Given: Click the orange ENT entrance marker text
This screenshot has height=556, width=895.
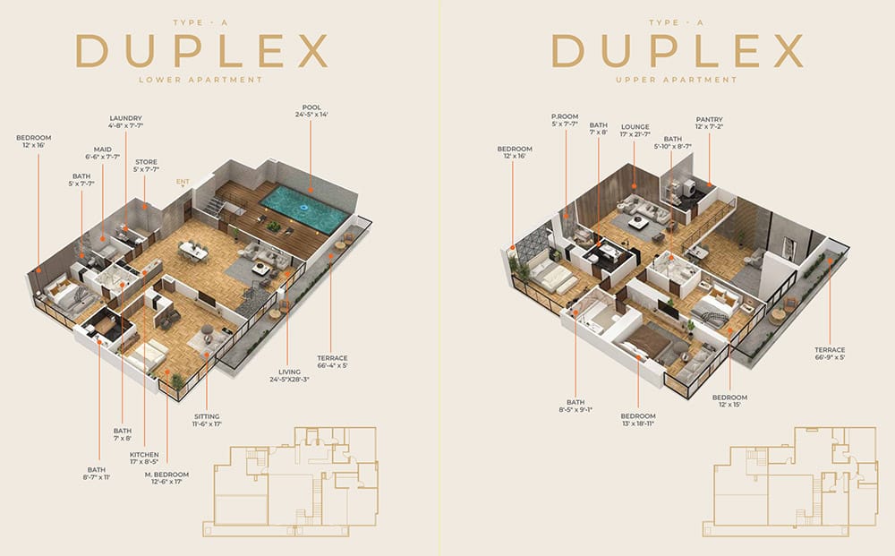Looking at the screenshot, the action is [x=183, y=182].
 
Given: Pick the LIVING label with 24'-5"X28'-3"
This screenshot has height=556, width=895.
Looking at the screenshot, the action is [x=289, y=376].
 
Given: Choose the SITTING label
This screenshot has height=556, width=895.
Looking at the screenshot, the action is [x=207, y=420].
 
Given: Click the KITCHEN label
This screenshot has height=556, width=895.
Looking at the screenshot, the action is [x=144, y=458].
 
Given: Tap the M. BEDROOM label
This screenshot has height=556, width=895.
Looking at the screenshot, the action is [x=166, y=478].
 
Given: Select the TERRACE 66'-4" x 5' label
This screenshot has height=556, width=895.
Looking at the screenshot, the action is [x=333, y=362].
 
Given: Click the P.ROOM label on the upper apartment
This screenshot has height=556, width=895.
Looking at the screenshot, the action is [x=565, y=120].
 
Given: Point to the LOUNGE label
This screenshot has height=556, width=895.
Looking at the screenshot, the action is [x=635, y=131].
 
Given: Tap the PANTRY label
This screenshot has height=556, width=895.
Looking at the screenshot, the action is [x=710, y=124].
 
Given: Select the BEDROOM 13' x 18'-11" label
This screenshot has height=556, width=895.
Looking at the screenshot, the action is [x=638, y=420].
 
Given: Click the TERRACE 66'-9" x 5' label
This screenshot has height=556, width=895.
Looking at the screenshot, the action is [x=830, y=354].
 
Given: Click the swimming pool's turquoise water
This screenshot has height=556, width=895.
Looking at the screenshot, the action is [x=304, y=209].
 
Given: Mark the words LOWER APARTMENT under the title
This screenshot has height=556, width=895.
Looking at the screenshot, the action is [x=200, y=80].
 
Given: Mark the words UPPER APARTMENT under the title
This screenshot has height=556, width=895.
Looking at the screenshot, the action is [x=677, y=80].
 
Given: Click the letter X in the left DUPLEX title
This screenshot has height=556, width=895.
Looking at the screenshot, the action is [x=312, y=51].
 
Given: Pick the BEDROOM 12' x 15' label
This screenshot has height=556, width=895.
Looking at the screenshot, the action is [x=729, y=401].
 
